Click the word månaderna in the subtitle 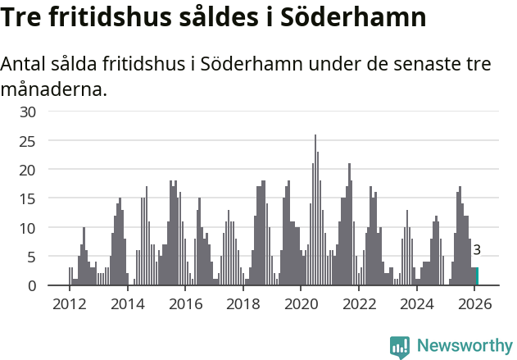click(x=54, y=89)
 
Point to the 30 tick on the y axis click(x=29, y=112)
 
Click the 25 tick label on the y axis click(x=29, y=141)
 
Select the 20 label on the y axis click(x=29, y=170)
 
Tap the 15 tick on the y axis click(x=29, y=198)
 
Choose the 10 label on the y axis click(x=29, y=227)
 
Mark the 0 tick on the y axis click(x=33, y=285)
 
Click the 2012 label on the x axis click(x=69, y=303)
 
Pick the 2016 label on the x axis click(x=185, y=303)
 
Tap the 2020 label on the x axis click(x=301, y=303)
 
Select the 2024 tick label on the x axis click(x=417, y=303)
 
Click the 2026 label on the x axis click(x=475, y=303)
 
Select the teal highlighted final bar click(x=477, y=276)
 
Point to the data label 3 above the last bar click(x=477, y=251)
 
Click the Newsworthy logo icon click(x=400, y=347)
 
